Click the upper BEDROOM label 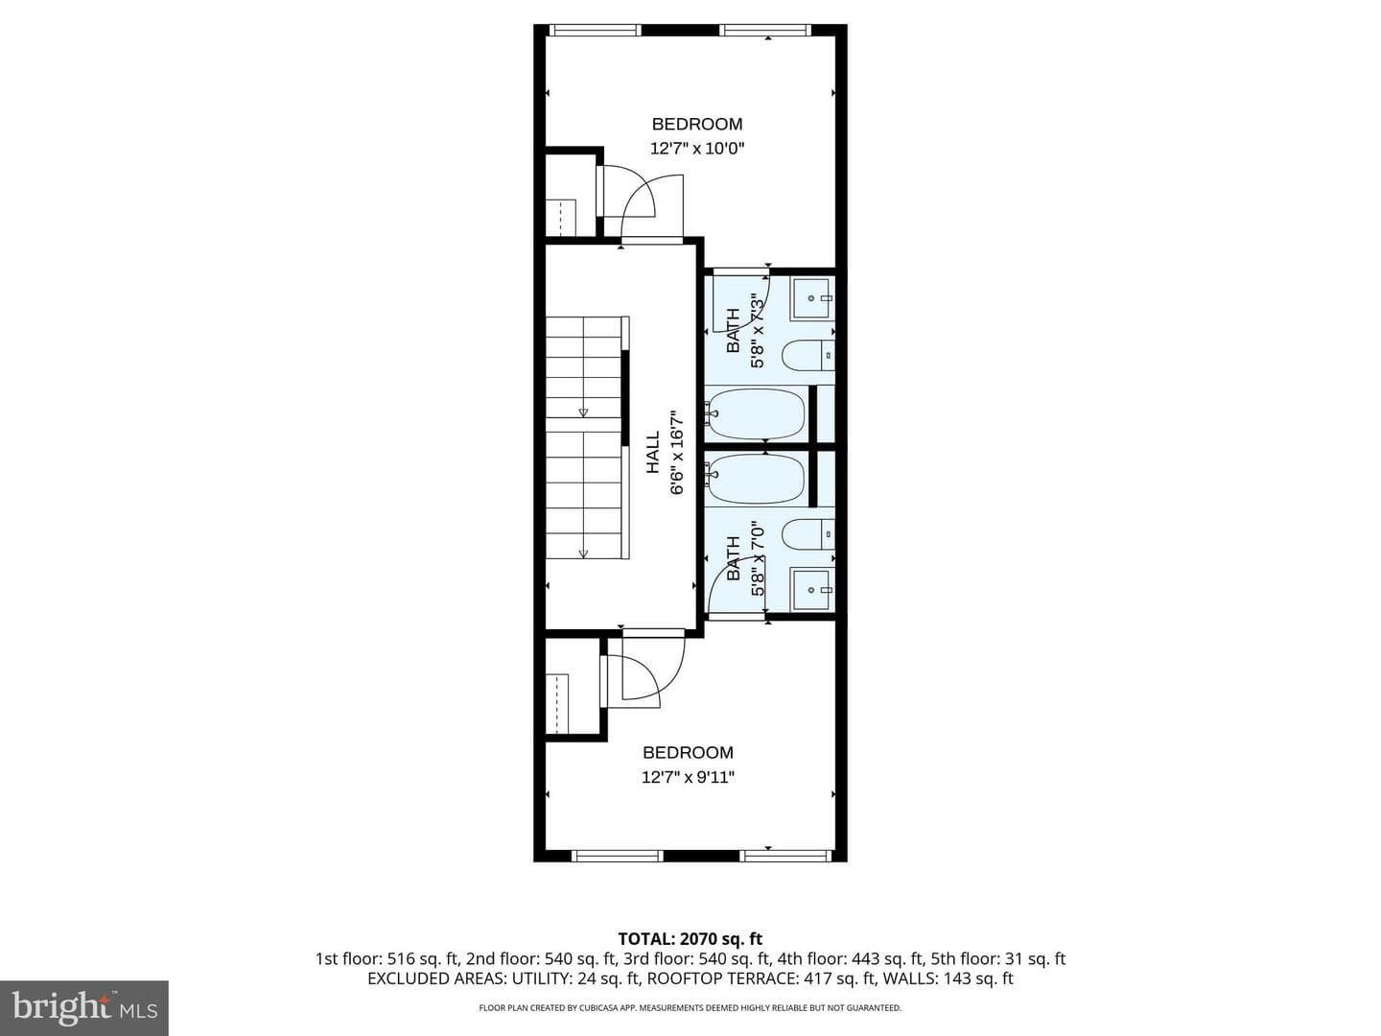coord(696,124)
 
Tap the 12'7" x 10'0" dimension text coord(697,149)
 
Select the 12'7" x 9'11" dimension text coord(688,777)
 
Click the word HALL coord(653,452)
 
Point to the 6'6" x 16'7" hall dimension coord(677,453)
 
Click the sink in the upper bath coord(813,297)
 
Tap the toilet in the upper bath coord(808,355)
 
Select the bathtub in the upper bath coord(755,413)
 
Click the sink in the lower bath coord(813,589)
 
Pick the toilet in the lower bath coord(808,534)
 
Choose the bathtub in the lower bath coord(755,479)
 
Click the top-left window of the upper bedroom coord(595,29)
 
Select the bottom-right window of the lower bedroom coord(785,856)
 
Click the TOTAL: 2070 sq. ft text coord(690,939)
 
